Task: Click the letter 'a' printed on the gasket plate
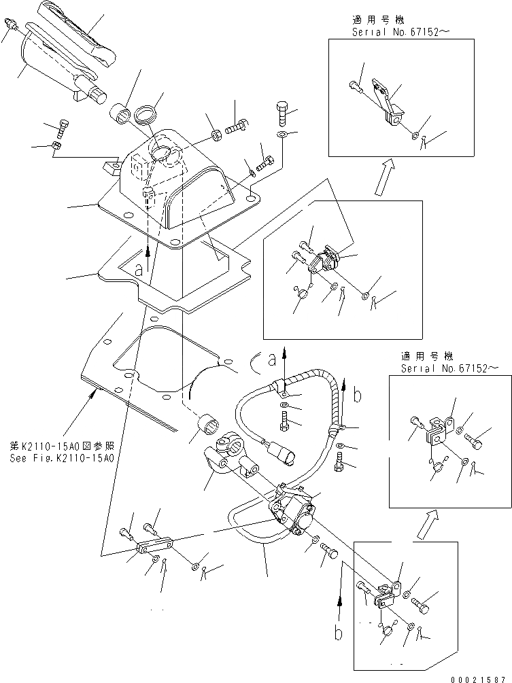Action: click(139, 269)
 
